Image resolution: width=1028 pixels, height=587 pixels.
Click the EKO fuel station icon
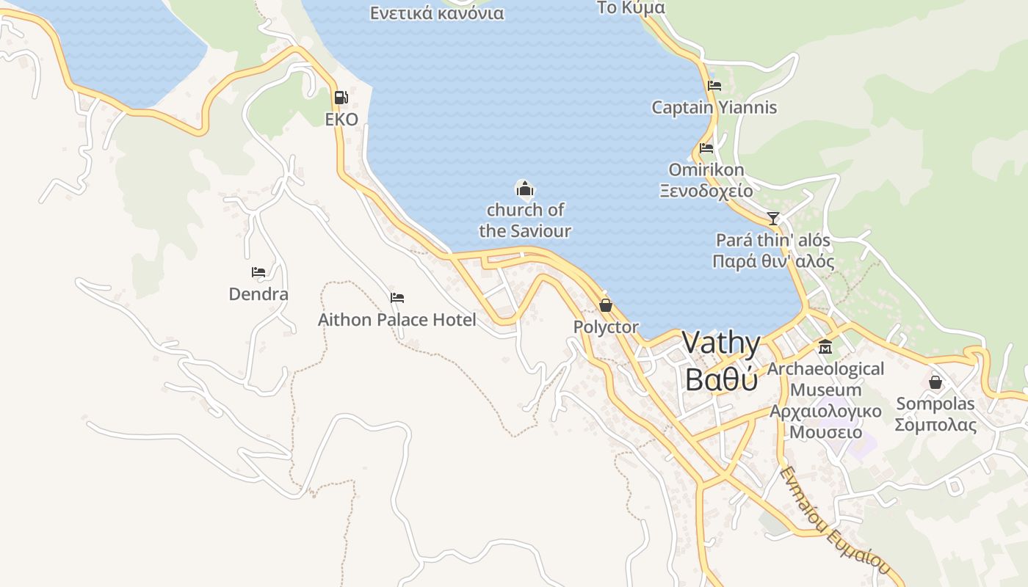coord(341,97)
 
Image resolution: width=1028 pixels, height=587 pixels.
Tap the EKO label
coord(341,120)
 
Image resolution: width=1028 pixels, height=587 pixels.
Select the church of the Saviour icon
coord(524,190)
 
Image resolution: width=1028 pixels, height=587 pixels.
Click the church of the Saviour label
coord(525,220)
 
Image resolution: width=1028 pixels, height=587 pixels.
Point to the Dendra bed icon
coord(258,272)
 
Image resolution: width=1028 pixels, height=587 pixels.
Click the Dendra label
coord(258,294)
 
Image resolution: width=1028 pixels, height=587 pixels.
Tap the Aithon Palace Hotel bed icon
coord(397,298)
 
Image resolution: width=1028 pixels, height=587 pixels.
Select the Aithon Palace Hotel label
coord(397,320)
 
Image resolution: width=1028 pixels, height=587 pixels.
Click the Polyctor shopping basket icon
coord(606,305)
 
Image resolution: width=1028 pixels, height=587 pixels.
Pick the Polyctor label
coord(606,327)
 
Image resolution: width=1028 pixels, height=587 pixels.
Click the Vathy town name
coord(721,343)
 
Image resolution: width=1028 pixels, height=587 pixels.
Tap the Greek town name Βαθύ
coord(721,379)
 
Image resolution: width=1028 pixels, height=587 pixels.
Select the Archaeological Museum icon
coord(825,346)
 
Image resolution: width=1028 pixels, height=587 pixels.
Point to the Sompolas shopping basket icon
coord(935,382)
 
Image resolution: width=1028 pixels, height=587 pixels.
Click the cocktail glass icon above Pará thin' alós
coord(772,218)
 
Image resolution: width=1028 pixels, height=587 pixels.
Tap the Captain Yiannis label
coord(714,108)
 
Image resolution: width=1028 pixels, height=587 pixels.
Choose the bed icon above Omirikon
coord(706,148)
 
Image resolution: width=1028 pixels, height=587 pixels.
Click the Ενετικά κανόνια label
coord(437,13)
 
